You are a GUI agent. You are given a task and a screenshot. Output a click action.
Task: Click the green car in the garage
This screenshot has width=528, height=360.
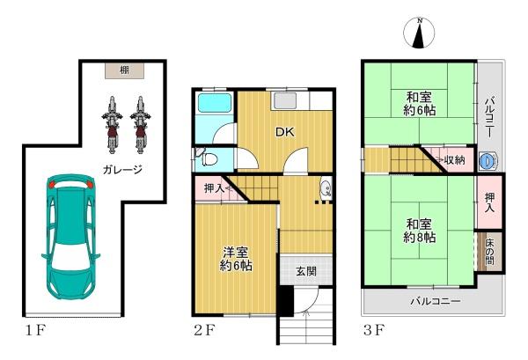tap(70, 237)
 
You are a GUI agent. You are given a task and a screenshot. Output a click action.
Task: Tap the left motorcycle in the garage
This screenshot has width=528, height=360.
tap(112, 125)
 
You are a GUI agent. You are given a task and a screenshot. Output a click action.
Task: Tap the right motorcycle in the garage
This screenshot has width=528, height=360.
tap(140, 125)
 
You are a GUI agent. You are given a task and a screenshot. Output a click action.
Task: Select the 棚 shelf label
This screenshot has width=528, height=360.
tap(124, 70)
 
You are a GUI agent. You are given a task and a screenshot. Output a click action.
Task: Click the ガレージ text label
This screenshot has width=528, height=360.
tap(122, 169)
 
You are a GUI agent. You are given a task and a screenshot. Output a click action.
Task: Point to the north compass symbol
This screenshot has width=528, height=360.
tap(419, 33)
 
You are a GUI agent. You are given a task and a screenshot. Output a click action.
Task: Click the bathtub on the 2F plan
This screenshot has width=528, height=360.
tap(215, 102)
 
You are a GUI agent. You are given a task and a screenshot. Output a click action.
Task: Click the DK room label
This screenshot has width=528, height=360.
tap(285, 132)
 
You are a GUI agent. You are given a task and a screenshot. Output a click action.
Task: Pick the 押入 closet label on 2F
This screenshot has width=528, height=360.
tap(214, 188)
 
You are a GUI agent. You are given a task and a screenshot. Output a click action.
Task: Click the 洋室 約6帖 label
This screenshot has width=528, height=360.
tap(236, 259)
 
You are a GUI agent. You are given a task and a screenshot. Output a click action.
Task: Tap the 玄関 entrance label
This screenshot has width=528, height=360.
tap(306, 271)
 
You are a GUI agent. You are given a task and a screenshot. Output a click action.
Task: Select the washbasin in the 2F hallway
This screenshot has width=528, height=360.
tap(326, 187)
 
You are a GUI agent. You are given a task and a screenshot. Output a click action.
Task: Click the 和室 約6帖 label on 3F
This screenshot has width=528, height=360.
tap(419, 103)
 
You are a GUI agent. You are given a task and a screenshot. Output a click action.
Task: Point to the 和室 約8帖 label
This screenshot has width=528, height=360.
tap(419, 231)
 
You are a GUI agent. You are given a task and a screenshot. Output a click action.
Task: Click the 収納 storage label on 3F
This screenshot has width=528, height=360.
tap(454, 160)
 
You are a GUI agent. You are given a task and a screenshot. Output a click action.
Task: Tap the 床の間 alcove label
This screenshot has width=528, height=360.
tap(489, 251)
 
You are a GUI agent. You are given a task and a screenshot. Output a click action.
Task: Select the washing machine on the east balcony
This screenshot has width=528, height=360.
tap(488, 161)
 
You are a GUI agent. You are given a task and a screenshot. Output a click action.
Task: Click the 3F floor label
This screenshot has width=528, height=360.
tap(374, 330)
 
